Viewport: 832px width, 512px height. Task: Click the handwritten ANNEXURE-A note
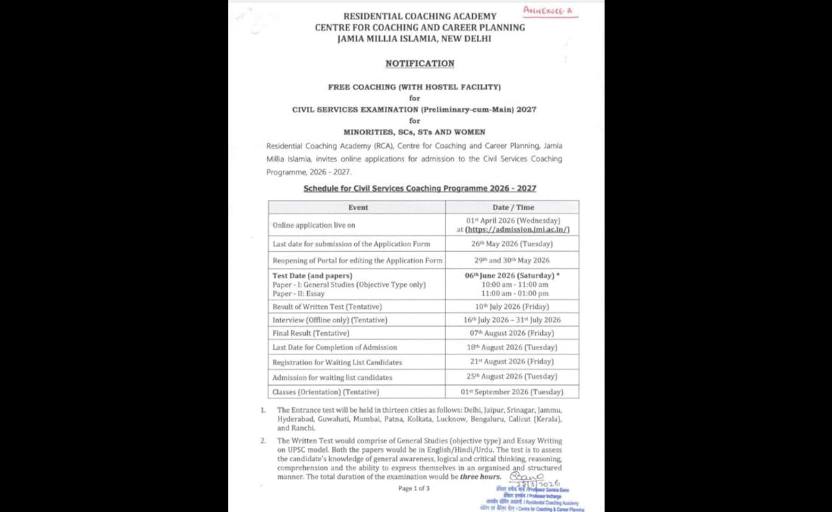coord(551,10)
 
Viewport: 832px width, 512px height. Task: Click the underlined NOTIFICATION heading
coord(419,63)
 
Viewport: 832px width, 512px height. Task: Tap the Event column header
coord(358,207)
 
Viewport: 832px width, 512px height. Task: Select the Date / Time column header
coord(512,207)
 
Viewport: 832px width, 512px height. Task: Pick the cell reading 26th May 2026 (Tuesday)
coord(512,244)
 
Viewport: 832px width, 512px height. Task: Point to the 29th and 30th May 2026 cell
coord(512,260)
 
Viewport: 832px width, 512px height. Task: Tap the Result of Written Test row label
coord(327,307)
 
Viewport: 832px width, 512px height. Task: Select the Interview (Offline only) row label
coord(329,320)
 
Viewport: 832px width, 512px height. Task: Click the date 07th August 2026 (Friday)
coord(512,333)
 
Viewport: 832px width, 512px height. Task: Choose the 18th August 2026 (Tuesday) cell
coord(512,347)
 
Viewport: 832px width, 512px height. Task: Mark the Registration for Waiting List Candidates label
coord(337,362)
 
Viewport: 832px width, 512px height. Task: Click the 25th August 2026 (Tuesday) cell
coord(512,377)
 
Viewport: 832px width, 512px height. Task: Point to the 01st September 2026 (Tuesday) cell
coord(512,392)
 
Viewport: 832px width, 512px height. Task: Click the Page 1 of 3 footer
coord(414,488)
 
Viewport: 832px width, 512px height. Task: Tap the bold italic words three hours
coord(480,477)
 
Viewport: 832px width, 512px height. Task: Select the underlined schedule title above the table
coord(419,189)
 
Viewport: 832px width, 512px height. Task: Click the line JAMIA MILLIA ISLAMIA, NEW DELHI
coord(414,39)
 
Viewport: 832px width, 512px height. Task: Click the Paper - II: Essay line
coord(298,293)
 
